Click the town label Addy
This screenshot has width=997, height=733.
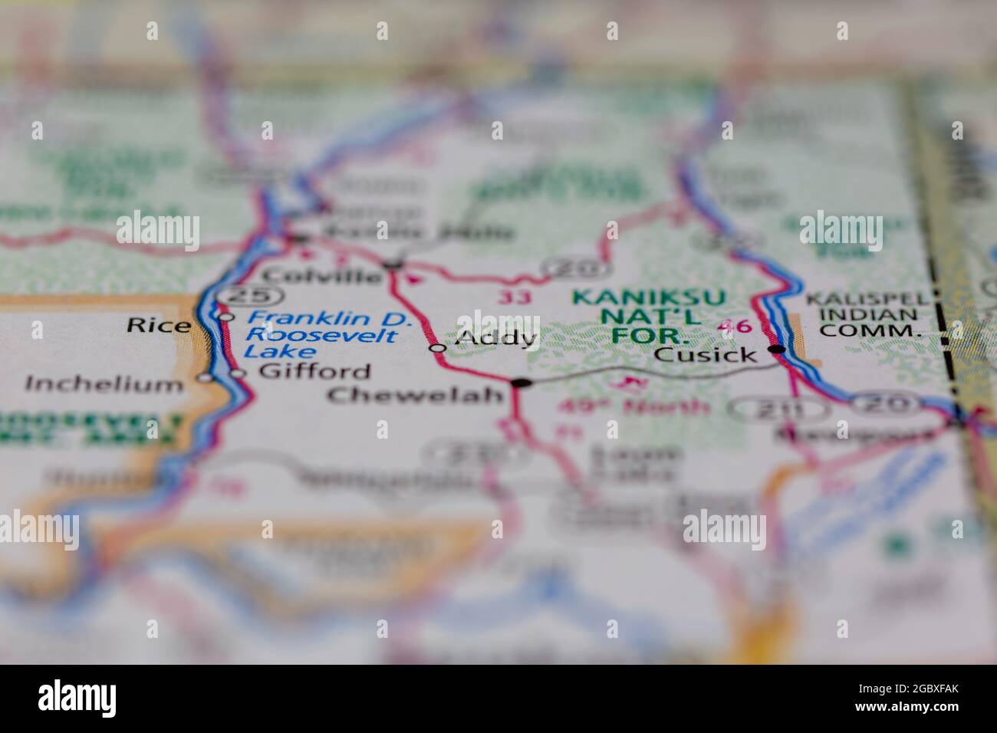495,337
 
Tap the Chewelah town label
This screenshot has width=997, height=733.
415,395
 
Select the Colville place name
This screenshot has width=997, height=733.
321,274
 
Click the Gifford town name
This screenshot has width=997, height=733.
314,372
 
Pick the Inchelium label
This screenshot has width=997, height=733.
104,383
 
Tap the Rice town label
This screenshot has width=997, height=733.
158,325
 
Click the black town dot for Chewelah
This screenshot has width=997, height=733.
522,382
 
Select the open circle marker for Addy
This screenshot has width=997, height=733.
437,348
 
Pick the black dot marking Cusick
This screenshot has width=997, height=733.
778,350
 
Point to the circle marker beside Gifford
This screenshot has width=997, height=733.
238,373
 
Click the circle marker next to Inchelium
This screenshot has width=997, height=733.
204,377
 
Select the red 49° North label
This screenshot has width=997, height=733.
633,406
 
